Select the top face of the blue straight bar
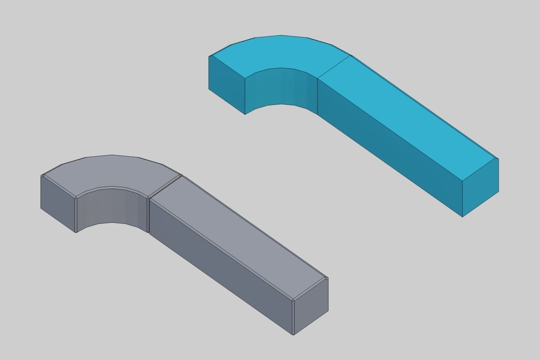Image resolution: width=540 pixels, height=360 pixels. [405, 112]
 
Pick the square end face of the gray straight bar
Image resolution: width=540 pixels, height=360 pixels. [310, 306]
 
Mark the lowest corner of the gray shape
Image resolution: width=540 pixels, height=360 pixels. [293, 335]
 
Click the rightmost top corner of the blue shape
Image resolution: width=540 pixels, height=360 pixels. [499, 158]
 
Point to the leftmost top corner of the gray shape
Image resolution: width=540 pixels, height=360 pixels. [41, 175]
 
